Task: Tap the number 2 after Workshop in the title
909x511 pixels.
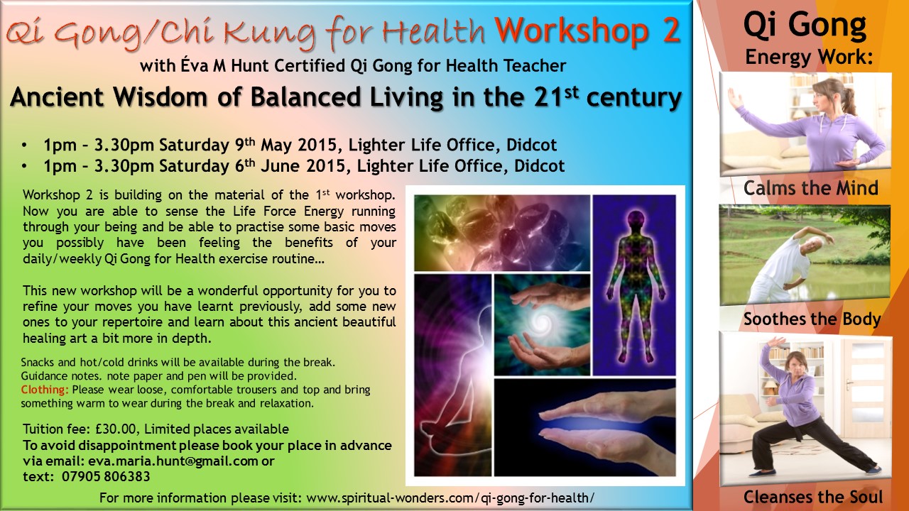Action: tap(671, 31)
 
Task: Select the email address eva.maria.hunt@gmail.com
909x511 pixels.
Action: tap(173, 461)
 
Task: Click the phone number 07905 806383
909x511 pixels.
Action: tap(106, 476)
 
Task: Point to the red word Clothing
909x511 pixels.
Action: tap(45, 390)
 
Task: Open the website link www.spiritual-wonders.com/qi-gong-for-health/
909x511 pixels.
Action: tap(450, 498)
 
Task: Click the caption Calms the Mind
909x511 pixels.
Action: tap(811, 188)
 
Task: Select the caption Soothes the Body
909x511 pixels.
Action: tap(812, 319)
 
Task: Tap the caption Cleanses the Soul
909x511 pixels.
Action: tap(813, 497)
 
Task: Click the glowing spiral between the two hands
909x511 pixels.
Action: tap(541, 324)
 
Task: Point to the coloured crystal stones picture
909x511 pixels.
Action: tap(502, 233)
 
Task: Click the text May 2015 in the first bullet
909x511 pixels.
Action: tap(299, 145)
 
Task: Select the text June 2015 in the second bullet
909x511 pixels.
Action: tap(303, 166)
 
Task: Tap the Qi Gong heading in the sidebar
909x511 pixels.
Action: tap(805, 26)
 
